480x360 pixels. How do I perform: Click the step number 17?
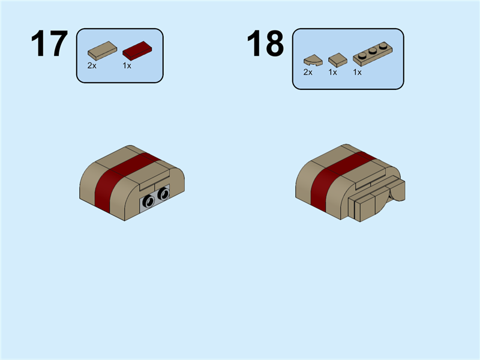[49, 44]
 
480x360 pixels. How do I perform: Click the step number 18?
[265, 44]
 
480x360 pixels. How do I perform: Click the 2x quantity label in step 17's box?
[92, 65]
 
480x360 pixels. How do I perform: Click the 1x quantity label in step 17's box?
[127, 65]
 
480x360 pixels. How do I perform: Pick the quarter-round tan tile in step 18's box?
[313, 60]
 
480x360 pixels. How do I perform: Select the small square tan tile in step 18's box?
[337, 59]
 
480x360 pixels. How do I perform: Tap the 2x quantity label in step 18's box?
[308, 72]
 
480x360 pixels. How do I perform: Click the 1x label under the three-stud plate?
[357, 72]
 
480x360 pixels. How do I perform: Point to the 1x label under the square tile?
[332, 72]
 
